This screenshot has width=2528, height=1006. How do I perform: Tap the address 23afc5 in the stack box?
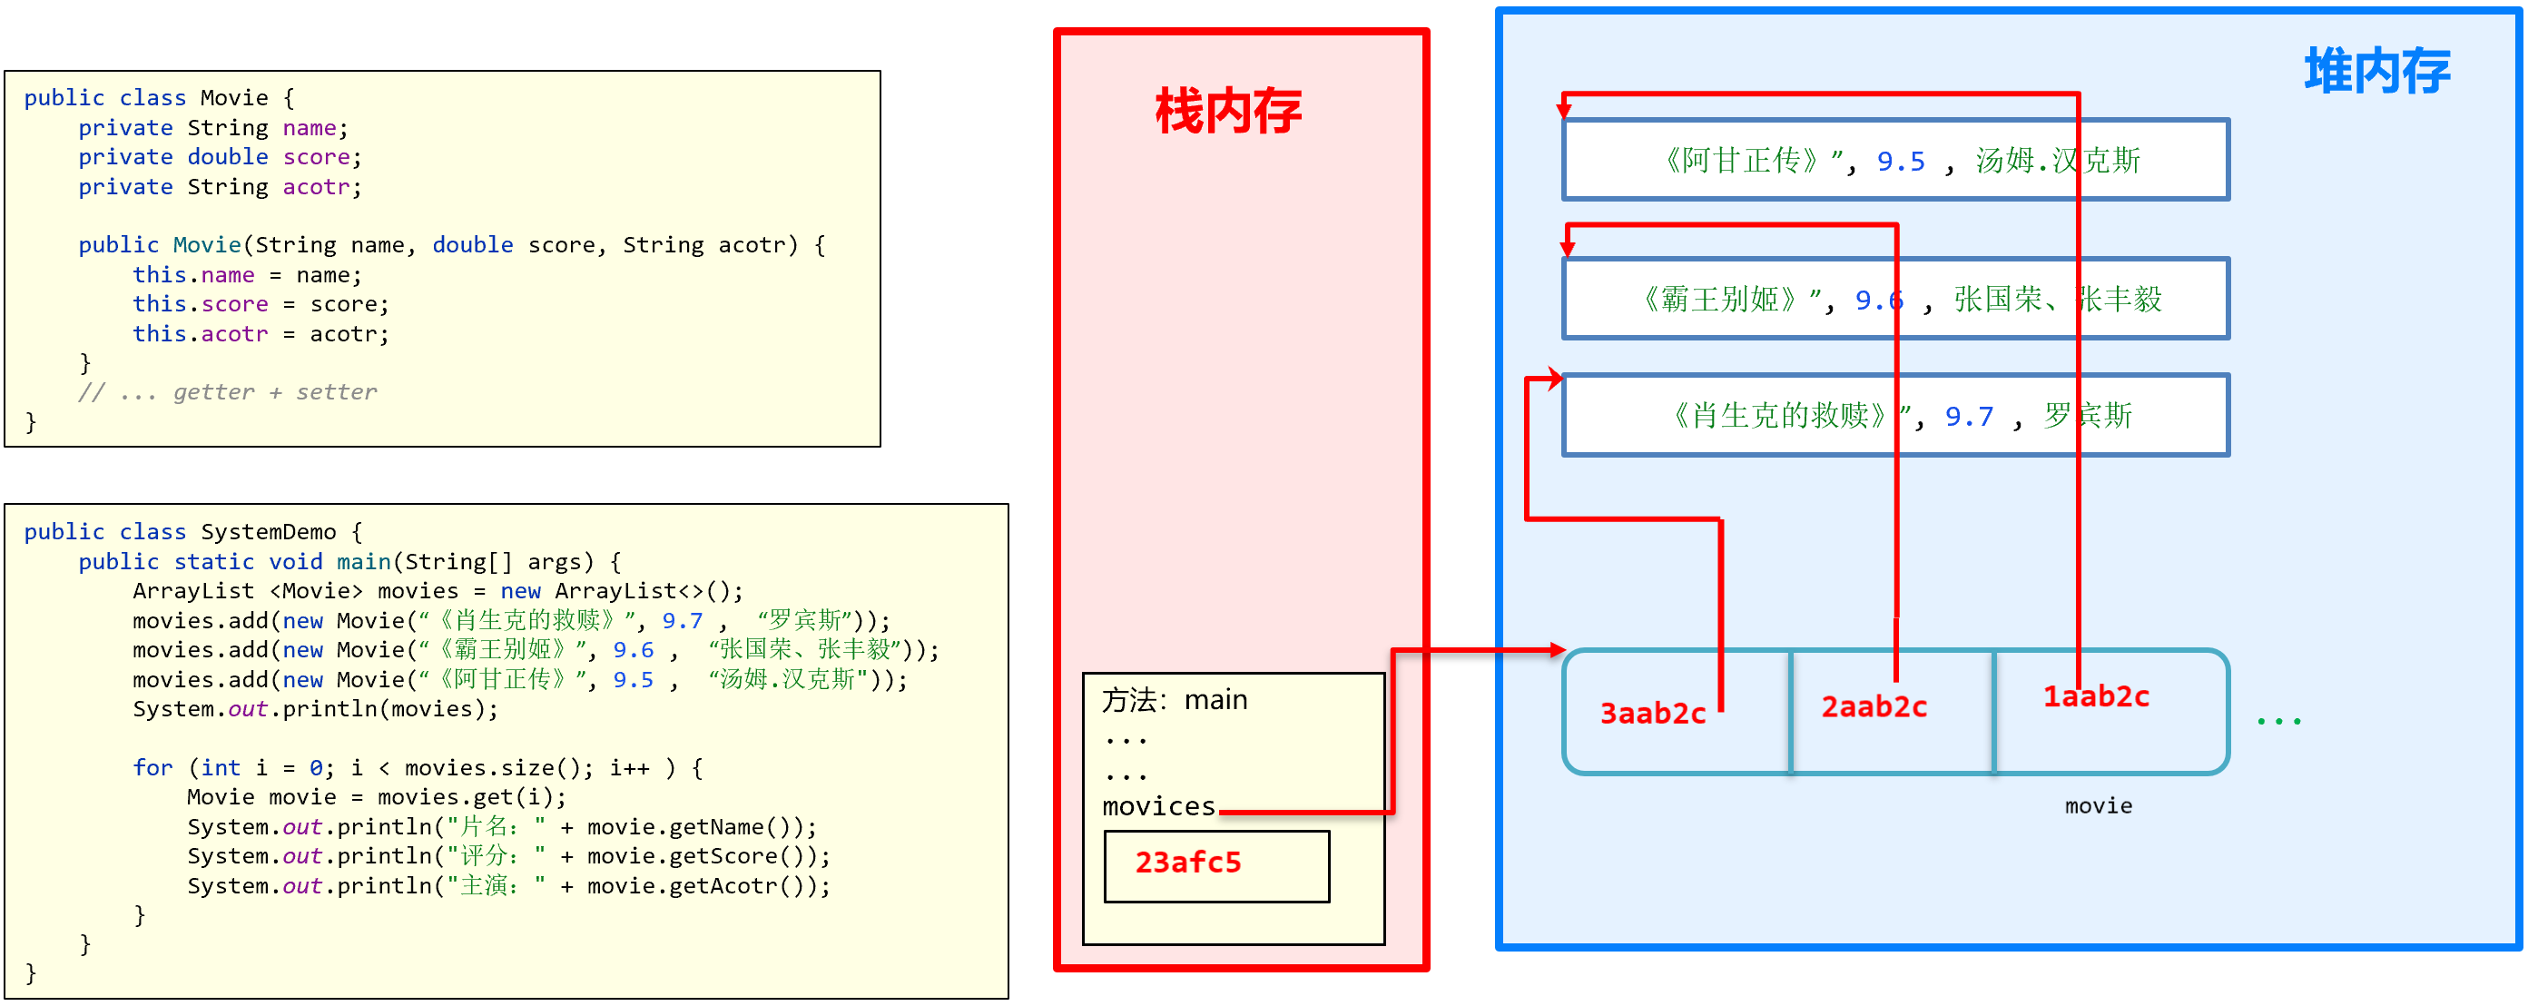coord(1187,862)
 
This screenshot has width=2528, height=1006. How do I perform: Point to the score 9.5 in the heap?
coord(1901,161)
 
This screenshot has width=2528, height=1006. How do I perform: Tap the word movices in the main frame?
coord(1158,807)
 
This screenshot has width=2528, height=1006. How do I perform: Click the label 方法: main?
coord(1174,700)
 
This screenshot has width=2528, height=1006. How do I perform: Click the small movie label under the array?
coord(2097,805)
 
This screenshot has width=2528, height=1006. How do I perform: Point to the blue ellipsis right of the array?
coord(2277,722)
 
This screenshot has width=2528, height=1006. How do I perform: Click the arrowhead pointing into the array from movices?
coord(1557,650)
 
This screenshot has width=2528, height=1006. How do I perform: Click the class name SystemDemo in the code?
coord(268,532)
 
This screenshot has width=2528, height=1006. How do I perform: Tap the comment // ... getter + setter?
coord(227,392)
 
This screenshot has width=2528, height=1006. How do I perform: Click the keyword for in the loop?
coord(152,767)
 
